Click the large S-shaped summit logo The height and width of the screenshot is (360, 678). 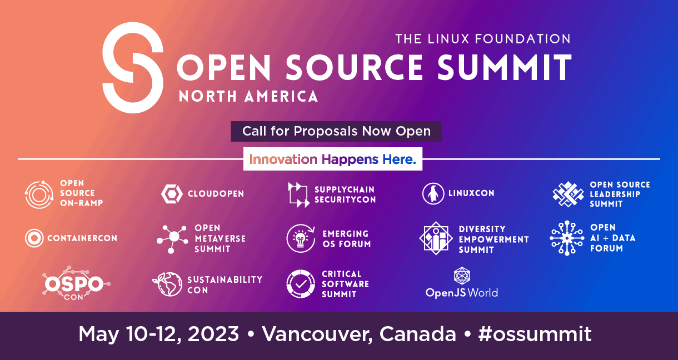coord(133,68)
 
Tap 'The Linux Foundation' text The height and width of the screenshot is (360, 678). coord(482,39)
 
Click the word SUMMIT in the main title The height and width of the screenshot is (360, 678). coord(504,67)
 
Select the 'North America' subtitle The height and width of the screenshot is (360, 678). coord(248,96)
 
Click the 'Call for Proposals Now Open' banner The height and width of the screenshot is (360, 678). coord(336,132)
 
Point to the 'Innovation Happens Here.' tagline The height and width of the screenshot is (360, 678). coord(332,159)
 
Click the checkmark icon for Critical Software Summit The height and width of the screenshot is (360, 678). coord(300,284)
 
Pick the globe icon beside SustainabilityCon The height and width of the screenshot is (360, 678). coord(167,284)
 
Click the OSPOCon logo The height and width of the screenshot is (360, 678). coord(74,284)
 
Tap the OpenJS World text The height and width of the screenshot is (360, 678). coord(461,292)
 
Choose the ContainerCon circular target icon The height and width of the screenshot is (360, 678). coord(34,238)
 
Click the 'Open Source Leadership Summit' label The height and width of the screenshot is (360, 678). coord(619,194)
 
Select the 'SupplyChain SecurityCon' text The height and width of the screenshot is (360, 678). coord(345,194)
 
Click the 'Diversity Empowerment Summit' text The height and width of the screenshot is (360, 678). coord(493,239)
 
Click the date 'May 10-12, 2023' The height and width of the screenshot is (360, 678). coord(158,334)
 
